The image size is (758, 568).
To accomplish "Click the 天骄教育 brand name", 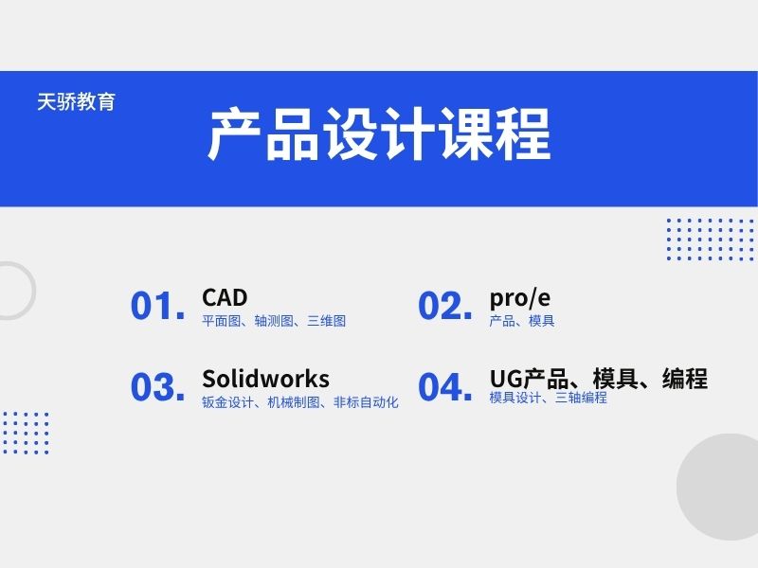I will point(76,102).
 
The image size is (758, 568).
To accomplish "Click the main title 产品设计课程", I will point(379,135).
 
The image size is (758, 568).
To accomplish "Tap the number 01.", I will point(157,306).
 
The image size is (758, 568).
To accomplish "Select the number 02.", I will point(444,306).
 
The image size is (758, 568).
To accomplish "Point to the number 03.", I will point(157,387).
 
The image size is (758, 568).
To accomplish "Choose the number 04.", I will point(444,387).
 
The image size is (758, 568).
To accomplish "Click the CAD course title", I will point(225,298).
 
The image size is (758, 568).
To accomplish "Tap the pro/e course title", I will point(520,298).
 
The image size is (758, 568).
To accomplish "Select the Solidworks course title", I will point(265,379).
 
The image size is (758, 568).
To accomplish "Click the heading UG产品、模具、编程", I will point(598,379).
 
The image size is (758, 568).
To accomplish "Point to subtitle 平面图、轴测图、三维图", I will point(274,321).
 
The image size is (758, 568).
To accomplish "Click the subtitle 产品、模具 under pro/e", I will point(522,321).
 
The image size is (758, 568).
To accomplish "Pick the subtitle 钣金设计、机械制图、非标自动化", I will point(300,402).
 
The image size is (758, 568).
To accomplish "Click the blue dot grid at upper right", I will point(710,240).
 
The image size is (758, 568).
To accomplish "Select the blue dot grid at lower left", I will point(25,433).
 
